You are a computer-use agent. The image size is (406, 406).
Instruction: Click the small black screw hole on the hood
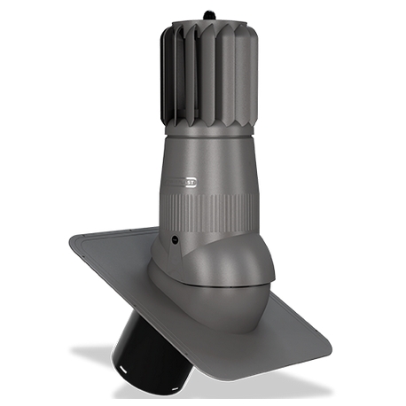point(174,240)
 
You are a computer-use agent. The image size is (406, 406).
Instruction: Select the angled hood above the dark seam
point(204,253)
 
